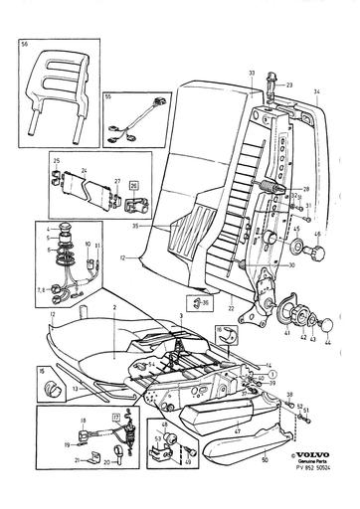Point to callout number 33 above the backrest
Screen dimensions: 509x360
tap(252, 74)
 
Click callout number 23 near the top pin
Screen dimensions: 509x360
tap(290, 86)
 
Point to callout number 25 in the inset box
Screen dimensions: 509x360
tap(56, 160)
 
